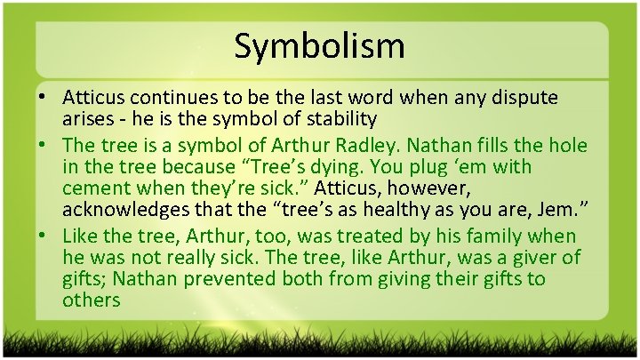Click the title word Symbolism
coord(319,46)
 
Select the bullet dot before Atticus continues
coord(43,96)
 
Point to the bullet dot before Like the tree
coord(43,236)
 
